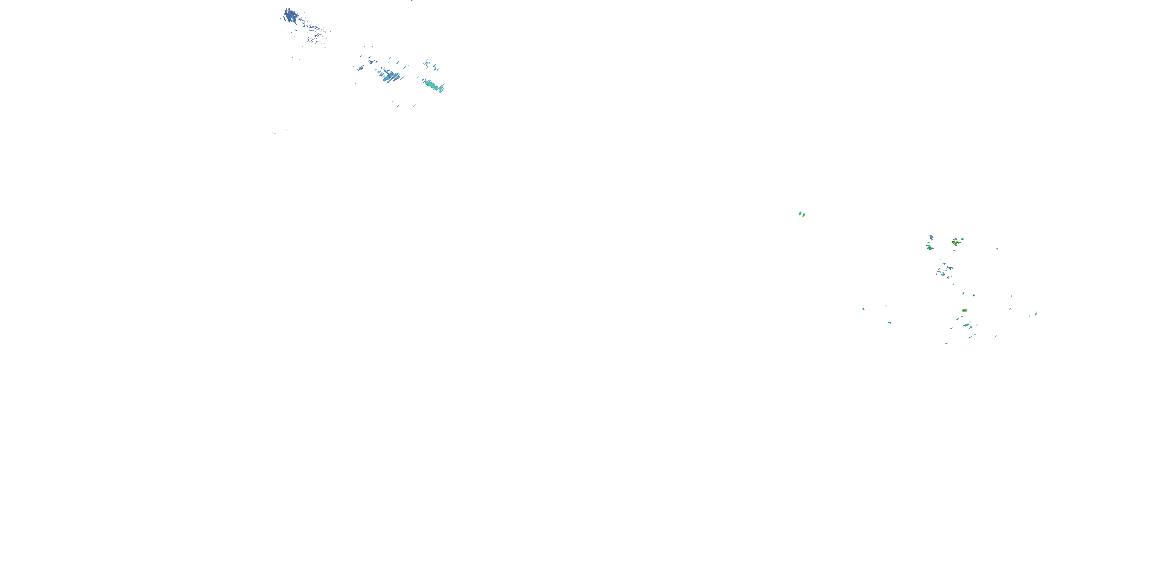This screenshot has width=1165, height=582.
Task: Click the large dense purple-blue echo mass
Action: pos(289,17)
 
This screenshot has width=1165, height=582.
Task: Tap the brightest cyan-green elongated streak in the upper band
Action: pos(432,85)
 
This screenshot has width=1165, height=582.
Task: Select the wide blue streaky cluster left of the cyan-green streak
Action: pos(389,74)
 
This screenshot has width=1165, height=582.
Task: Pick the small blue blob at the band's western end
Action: pos(360,68)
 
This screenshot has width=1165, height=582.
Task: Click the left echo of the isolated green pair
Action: pos(800,213)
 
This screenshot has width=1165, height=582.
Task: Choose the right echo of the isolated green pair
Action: pos(803,215)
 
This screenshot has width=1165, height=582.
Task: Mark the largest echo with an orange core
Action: pos(955,242)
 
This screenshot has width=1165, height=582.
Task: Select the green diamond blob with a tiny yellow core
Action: pos(929,248)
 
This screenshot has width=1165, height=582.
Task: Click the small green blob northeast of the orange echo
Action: pos(962,239)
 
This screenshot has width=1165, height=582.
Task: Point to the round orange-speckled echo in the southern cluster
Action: pos(964,310)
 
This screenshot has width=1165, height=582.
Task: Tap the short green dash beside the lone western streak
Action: pos(286,130)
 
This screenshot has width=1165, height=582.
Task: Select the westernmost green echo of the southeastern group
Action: pos(863,308)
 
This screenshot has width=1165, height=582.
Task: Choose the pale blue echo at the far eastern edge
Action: pos(1036,314)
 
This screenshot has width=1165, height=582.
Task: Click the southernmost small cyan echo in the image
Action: pos(946,343)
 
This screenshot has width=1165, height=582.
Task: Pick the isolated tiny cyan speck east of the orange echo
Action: pos(997,248)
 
